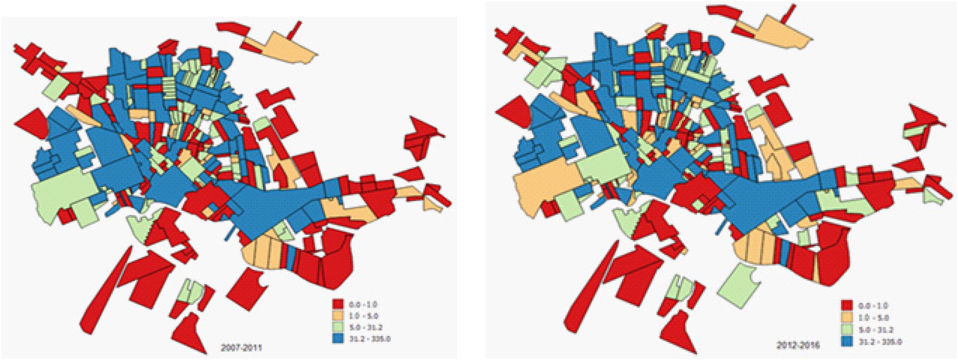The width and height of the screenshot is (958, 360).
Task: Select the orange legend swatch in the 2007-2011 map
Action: point(338,316)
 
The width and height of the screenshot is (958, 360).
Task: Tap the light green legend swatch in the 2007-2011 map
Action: point(338,327)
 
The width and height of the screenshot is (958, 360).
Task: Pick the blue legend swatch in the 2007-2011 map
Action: point(338,339)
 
